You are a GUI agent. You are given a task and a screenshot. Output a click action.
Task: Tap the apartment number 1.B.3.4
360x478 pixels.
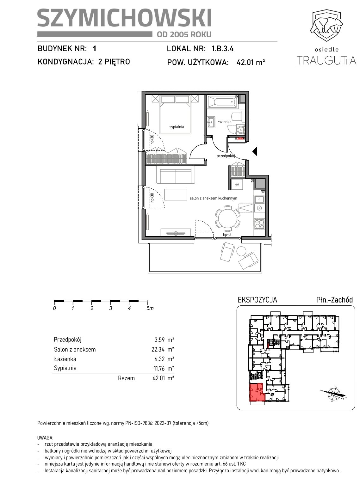click(222, 49)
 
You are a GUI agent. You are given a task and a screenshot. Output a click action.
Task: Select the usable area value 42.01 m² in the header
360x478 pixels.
click(251, 63)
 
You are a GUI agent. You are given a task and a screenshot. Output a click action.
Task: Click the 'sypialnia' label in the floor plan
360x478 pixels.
click(177, 127)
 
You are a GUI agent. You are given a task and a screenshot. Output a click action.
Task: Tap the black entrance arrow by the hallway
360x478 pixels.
click(255, 151)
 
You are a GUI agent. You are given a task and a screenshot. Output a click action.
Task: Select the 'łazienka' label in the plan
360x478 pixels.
click(224, 122)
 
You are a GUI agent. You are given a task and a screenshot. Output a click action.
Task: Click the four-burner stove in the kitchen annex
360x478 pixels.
click(259, 224)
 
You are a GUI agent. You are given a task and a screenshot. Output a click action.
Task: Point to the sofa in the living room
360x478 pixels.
click(176, 176)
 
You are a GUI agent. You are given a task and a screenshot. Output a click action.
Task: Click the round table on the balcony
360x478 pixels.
click(241, 251)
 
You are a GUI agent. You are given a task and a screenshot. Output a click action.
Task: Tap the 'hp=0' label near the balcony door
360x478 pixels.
click(227, 235)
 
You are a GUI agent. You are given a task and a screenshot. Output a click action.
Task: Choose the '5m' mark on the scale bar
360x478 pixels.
click(150, 308)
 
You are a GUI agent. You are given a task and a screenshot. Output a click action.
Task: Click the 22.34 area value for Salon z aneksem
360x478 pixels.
click(158, 350)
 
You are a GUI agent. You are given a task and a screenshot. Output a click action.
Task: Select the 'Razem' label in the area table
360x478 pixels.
click(127, 378)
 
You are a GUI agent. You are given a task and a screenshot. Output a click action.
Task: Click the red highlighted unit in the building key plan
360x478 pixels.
click(257, 393)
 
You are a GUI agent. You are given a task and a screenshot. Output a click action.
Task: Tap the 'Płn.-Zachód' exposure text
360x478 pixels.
click(334, 300)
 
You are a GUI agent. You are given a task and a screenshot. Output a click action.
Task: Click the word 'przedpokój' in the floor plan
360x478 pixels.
click(226, 156)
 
